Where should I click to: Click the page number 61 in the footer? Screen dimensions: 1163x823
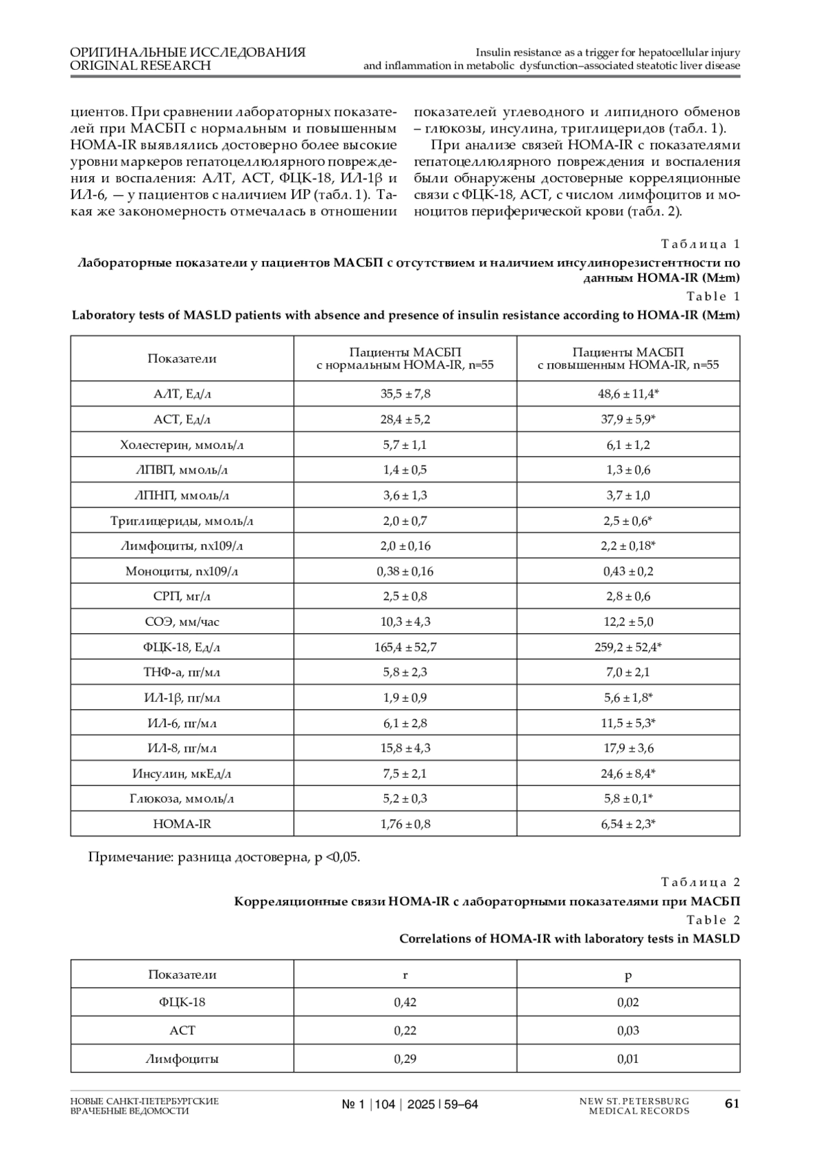[x=732, y=1104]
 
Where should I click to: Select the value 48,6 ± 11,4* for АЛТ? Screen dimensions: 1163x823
[x=628, y=394]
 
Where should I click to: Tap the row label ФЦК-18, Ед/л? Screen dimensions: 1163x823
[x=182, y=647]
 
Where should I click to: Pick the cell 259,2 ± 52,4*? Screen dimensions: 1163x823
[x=628, y=647]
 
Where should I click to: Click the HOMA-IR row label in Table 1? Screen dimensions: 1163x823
[x=182, y=824]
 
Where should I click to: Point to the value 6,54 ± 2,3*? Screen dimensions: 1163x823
[x=628, y=824]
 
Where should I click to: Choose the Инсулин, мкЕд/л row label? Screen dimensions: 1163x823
[x=182, y=774]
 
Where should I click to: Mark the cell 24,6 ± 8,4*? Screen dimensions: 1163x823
[x=628, y=774]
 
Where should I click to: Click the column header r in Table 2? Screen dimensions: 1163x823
[x=405, y=975]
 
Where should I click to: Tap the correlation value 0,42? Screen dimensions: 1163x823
[x=405, y=1003]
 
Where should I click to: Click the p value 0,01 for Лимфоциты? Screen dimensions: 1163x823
[x=628, y=1059]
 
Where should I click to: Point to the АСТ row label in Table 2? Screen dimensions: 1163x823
[x=182, y=1031]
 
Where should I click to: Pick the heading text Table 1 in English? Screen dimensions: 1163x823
[x=713, y=297]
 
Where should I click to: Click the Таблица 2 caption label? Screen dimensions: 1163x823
[x=700, y=883]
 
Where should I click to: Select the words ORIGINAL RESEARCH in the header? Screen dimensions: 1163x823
[x=141, y=66]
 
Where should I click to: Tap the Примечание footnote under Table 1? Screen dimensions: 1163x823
[x=224, y=857]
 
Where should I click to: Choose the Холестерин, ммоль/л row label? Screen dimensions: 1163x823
[x=182, y=445]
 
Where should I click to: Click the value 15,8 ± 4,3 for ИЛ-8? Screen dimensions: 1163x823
[x=405, y=748]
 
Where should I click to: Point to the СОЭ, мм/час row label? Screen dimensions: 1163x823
[x=182, y=622]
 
